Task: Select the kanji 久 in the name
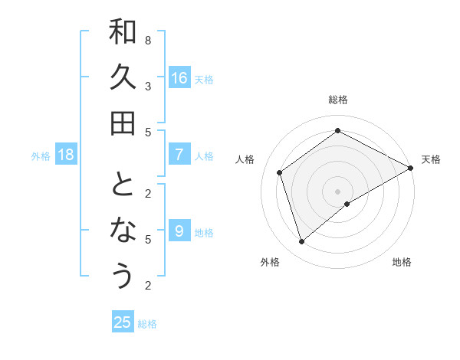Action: click(123, 77)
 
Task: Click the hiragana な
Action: click(123, 231)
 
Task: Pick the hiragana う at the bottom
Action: click(123, 276)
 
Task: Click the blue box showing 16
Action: click(179, 77)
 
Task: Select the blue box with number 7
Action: click(179, 155)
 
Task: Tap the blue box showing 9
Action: click(179, 231)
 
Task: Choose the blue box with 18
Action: click(67, 155)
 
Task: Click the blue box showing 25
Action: click(123, 322)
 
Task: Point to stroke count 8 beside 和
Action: click(148, 40)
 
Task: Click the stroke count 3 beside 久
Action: click(148, 86)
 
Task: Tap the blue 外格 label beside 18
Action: click(41, 156)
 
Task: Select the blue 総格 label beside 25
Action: click(147, 324)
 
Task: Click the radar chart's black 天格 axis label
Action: click(431, 159)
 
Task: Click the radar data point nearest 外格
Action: click(302, 241)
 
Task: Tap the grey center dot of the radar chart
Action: click(338, 191)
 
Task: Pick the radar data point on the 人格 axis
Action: click(280, 172)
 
